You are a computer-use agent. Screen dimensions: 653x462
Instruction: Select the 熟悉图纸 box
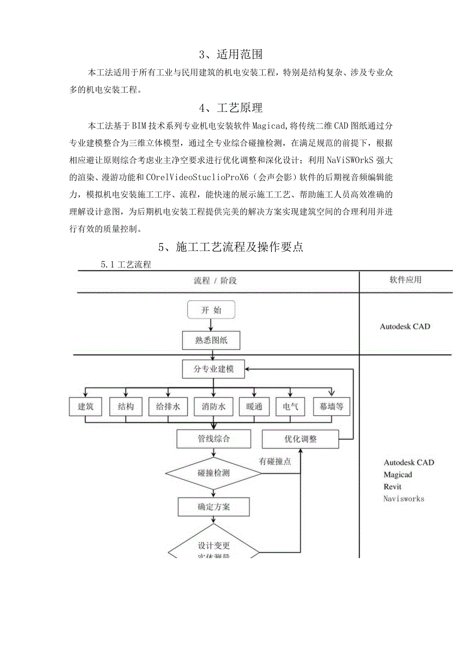tap(211, 340)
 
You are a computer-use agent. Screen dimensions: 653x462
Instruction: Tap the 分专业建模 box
tap(213, 370)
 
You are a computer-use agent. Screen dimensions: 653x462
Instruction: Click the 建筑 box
tap(86, 407)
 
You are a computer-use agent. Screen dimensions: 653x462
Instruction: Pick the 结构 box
tap(126, 407)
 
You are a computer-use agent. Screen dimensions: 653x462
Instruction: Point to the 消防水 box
tap(213, 407)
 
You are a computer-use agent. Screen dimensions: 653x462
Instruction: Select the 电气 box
tap(290, 407)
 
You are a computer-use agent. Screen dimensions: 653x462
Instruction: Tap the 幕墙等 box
tap(331, 407)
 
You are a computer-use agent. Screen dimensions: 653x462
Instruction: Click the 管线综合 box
tap(214, 439)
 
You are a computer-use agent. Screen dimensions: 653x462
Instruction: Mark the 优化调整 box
tap(300, 439)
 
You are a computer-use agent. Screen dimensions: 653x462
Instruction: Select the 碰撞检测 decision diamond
tap(214, 473)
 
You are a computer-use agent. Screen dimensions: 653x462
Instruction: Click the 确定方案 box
tap(214, 506)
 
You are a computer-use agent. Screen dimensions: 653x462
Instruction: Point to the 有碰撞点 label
tap(275, 461)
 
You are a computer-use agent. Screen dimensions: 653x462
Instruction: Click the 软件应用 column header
tap(405, 280)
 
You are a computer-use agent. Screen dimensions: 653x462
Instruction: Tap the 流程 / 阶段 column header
tap(215, 281)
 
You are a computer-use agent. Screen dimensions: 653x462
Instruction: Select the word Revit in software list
tap(393, 486)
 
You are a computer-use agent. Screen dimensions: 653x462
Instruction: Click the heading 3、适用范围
tap(230, 53)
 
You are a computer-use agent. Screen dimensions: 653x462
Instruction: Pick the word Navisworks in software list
tap(404, 498)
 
